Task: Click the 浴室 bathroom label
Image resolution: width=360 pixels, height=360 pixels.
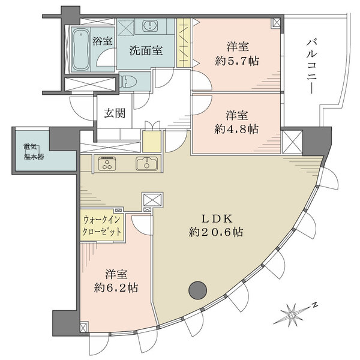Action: (103, 41)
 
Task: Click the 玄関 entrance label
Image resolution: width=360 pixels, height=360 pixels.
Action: (115, 113)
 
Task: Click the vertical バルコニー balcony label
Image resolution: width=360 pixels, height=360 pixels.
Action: (311, 66)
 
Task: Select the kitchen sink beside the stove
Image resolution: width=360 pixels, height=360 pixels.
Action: (146, 163)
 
